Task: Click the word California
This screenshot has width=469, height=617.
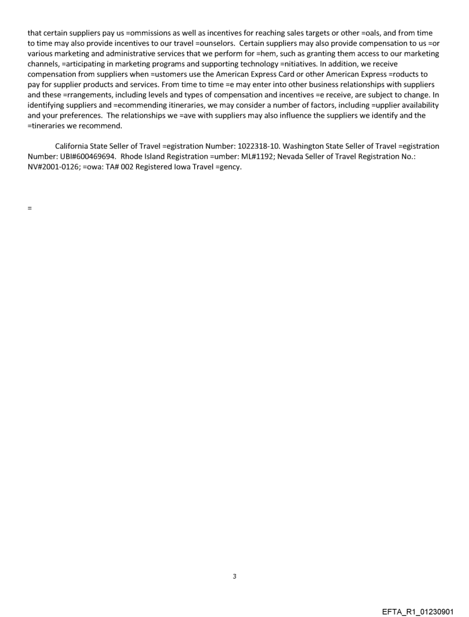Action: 74,147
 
